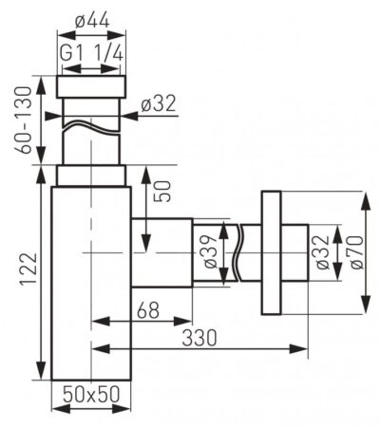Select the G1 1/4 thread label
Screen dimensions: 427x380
click(92, 54)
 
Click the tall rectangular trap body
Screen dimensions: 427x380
click(90, 285)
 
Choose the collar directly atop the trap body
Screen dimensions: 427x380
click(91, 176)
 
